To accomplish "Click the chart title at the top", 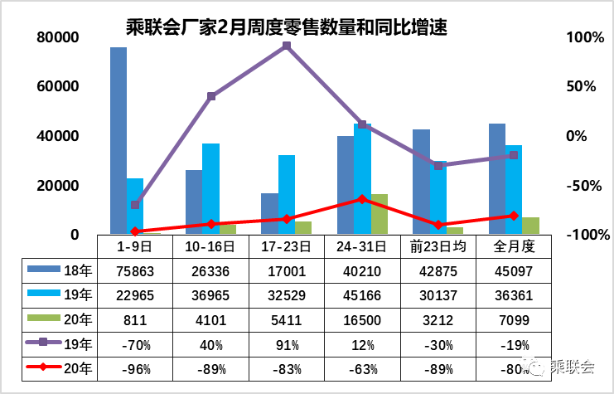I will [x=286, y=28].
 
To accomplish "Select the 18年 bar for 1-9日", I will [x=118, y=141].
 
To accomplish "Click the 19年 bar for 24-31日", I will [x=362, y=179].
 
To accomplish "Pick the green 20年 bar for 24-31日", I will [x=379, y=214].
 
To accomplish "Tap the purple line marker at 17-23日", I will [x=287, y=46].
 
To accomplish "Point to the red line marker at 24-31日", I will [x=362, y=199].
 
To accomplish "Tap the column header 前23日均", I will [x=438, y=246].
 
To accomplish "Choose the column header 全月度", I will [x=513, y=246].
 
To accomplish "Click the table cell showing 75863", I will [x=135, y=270].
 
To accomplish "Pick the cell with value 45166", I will [x=362, y=294].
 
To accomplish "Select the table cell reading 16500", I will [x=362, y=319].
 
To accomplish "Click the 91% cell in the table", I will [x=287, y=343].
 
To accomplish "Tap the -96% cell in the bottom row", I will [x=135, y=368].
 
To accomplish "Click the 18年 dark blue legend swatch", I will [x=40, y=270].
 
